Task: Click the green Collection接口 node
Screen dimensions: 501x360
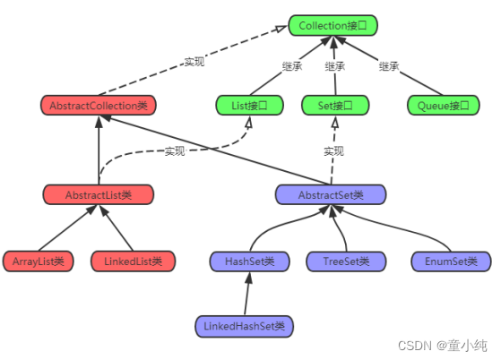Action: [333, 25]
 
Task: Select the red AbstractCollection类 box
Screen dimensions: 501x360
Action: [99, 106]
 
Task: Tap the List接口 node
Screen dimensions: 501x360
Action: [249, 106]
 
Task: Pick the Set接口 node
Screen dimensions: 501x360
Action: [335, 106]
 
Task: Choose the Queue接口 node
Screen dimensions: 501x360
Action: [443, 106]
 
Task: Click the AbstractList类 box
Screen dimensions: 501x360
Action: [99, 194]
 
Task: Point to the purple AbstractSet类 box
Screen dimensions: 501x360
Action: [331, 194]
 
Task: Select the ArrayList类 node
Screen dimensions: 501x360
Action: [38, 261]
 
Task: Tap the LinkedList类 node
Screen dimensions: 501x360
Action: [133, 261]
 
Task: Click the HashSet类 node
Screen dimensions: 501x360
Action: [249, 261]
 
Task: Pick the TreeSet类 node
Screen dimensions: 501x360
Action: [346, 261]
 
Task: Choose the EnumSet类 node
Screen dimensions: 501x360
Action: [451, 261]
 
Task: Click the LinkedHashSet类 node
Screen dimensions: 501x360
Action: [244, 326]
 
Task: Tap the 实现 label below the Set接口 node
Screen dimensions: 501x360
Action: [334, 151]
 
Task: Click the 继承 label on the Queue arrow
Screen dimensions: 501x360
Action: [389, 66]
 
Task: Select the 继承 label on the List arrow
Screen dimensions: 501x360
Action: [291, 66]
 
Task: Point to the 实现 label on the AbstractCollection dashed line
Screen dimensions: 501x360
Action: [194, 62]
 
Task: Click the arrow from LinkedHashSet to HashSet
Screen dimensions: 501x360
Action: [247, 294]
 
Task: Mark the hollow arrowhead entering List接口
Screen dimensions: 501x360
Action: [249, 122]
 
